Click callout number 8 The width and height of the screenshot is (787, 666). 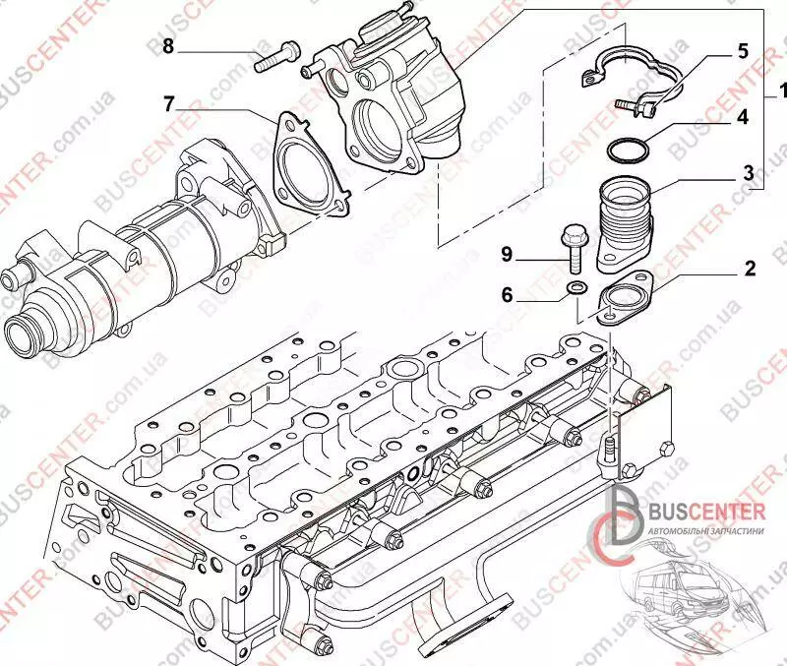point(168,46)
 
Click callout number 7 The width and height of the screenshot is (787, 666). point(168,101)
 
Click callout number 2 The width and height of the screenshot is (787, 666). point(749,268)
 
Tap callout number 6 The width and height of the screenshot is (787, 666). point(506,294)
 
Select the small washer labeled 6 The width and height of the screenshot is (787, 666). point(577,288)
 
